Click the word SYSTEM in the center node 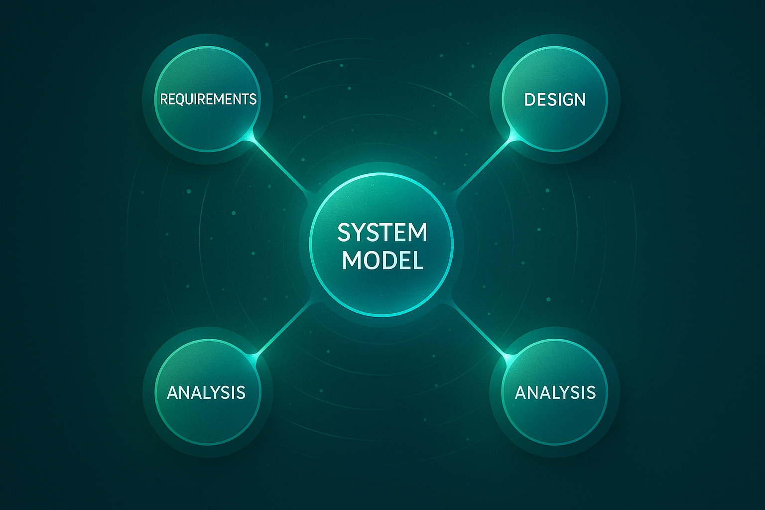point(382,233)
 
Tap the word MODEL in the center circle point(382,260)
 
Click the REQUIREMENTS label point(208,99)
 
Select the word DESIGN point(555,100)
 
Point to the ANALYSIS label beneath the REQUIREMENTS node point(206,392)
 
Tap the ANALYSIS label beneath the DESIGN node point(555,392)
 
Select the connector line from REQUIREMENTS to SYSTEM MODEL point(281,166)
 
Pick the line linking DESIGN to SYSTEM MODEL point(482,166)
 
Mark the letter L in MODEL point(419,260)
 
